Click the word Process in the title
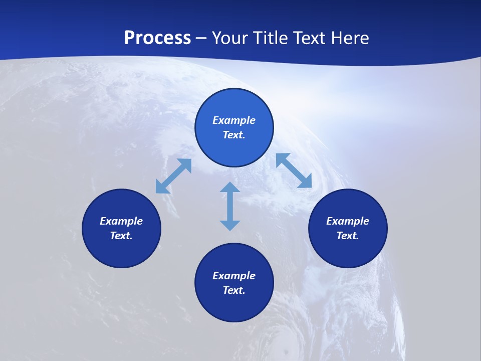[x=157, y=38]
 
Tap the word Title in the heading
[x=270, y=38]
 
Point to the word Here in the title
[x=349, y=38]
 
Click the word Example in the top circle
[x=234, y=120]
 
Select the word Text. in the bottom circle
[x=234, y=290]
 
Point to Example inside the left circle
[x=121, y=221]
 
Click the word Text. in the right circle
[x=348, y=236]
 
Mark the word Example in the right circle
[x=348, y=221]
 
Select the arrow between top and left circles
[x=173, y=176]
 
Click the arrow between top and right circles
[x=294, y=170]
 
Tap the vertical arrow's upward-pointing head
[x=230, y=188]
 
